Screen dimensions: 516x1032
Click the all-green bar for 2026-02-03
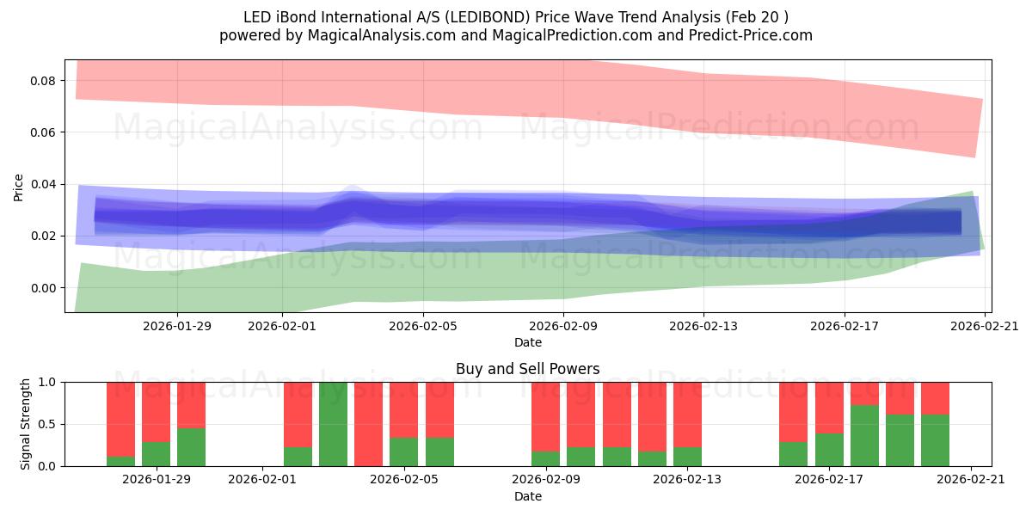pos(333,424)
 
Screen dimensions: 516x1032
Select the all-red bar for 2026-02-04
pos(368,424)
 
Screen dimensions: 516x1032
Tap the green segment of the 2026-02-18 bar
pos(864,436)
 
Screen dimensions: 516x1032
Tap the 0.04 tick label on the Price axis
pos(44,184)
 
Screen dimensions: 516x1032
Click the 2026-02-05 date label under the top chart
pos(423,326)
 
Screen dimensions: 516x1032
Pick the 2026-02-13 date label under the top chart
pos(703,326)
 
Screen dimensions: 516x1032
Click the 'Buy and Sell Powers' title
pos(527,369)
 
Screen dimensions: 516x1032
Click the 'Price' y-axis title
pos(19,186)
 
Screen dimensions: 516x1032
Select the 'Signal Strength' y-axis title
pos(26,424)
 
